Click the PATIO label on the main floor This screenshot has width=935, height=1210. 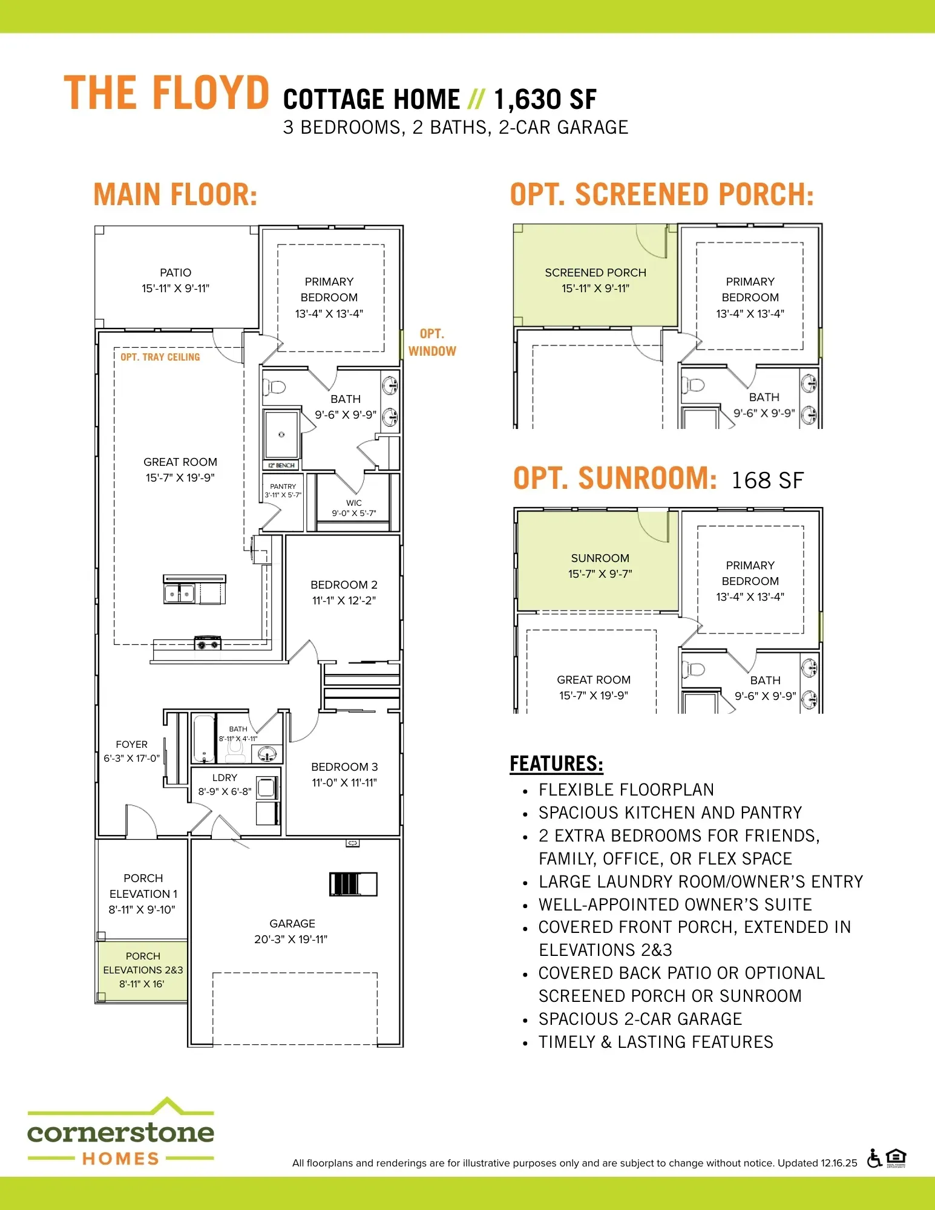pos(176,273)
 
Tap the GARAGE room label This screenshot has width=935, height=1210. pos(292,923)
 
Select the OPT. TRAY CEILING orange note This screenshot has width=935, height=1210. pos(160,357)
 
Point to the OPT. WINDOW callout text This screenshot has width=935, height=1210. pos(432,342)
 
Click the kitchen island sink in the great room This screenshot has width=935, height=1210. pos(179,594)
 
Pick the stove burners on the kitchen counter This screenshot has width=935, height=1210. pos(207,644)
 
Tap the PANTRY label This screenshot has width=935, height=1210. pos(283,486)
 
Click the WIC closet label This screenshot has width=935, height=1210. pos(354,503)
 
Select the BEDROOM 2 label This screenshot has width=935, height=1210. pos(344,585)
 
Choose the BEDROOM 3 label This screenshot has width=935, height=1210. pos(344,767)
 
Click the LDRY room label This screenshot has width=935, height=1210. pos(225,777)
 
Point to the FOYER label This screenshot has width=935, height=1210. pos(131,744)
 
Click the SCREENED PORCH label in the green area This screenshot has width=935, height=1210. pos(595,273)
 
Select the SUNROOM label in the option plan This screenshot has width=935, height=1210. pos(600,558)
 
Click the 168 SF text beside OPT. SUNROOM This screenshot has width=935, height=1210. pos(767,480)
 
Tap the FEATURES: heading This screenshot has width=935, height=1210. pos(556,764)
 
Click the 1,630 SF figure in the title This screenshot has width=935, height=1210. pos(545,99)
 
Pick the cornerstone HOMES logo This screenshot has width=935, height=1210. pos(121,1131)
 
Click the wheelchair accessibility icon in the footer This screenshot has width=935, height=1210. pos(874,1158)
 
